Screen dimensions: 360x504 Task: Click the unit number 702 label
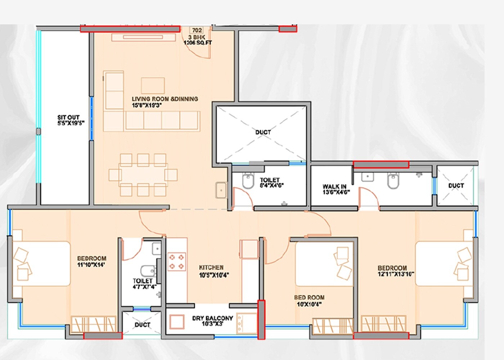pyautogui.click(x=197, y=31)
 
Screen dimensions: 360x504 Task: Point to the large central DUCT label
pyautogui.click(x=263, y=132)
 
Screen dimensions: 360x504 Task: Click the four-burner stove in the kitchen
pyautogui.click(x=176, y=262)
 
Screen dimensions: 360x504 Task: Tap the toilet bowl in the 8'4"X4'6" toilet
pyautogui.click(x=248, y=181)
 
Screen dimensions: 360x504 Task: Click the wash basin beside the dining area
pyautogui.click(x=221, y=190)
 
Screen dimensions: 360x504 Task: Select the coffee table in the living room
pyautogui.click(x=153, y=86)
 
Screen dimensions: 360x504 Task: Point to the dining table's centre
pyautogui.click(x=143, y=175)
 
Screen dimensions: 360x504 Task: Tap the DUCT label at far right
pyautogui.click(x=456, y=185)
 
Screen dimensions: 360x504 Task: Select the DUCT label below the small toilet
pyautogui.click(x=142, y=325)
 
